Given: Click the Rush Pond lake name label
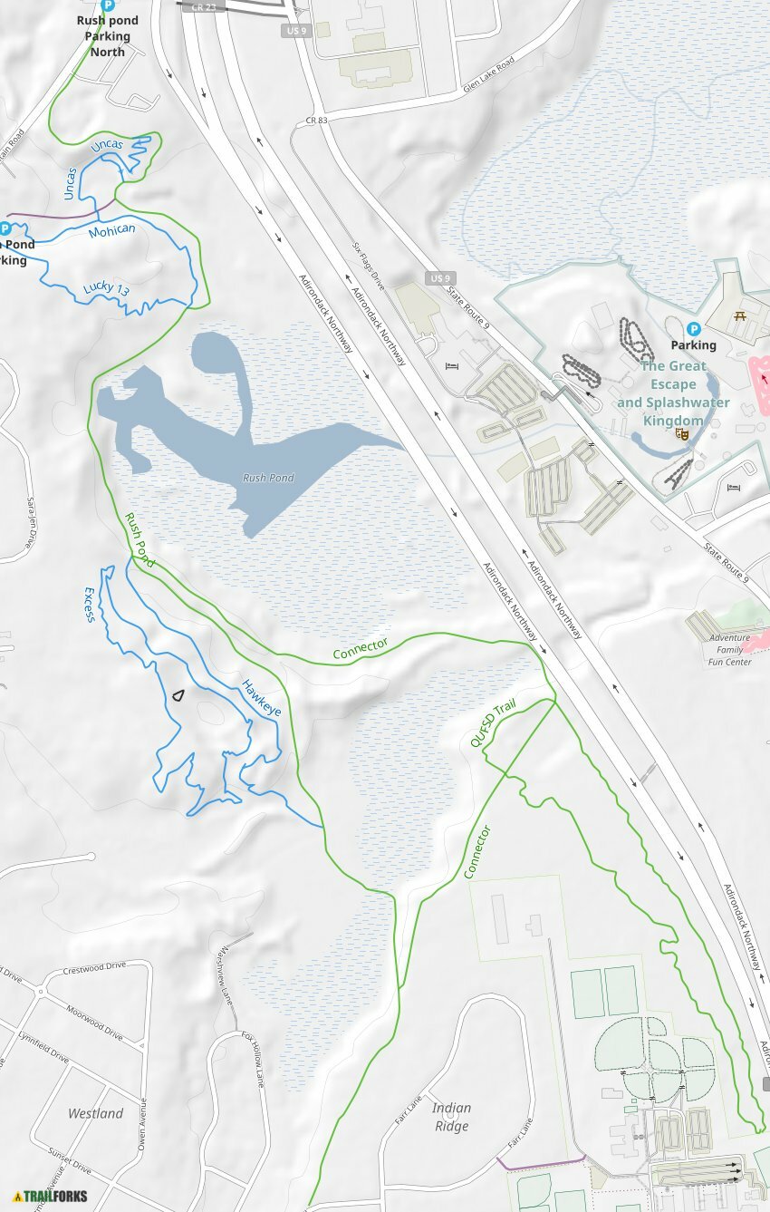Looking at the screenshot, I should pyautogui.click(x=268, y=478).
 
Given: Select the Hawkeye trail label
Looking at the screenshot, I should pyautogui.click(x=261, y=696).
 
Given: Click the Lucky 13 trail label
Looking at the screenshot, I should pyautogui.click(x=106, y=289).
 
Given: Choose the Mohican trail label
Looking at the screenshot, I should pyautogui.click(x=111, y=231).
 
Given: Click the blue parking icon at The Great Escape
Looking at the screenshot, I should pyautogui.click(x=694, y=329).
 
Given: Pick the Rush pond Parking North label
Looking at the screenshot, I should pyautogui.click(x=108, y=36).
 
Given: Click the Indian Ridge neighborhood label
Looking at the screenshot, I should pyautogui.click(x=451, y=1117).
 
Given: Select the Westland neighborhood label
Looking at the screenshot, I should pyautogui.click(x=96, y=1113).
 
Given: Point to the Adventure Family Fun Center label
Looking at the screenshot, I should pyautogui.click(x=730, y=650).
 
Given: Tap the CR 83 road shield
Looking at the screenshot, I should pyautogui.click(x=316, y=120).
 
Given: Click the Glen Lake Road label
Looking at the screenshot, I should pyautogui.click(x=487, y=72).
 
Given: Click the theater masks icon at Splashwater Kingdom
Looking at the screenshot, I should pyautogui.click(x=681, y=434).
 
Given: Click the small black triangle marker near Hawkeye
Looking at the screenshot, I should pyautogui.click(x=178, y=695).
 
